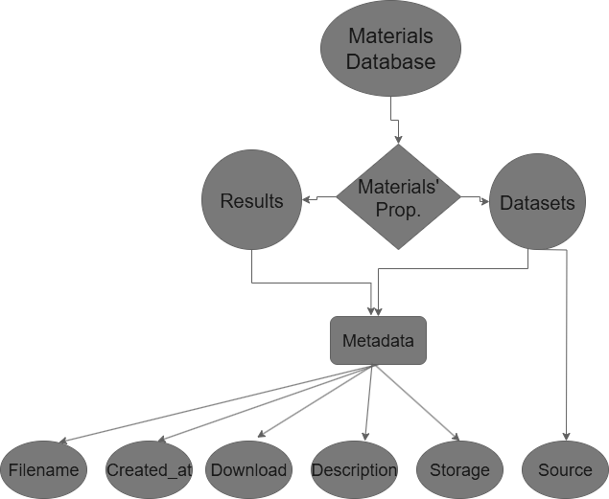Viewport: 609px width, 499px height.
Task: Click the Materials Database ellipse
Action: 390,49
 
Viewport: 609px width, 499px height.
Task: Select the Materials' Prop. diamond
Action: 398,198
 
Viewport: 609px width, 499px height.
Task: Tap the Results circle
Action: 251,200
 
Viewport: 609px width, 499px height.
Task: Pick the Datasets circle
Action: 537,202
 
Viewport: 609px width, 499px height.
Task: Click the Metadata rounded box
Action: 378,341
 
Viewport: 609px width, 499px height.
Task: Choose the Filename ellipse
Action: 44,470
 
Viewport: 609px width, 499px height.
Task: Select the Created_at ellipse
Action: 149,470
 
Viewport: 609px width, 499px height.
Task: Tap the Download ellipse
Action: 248,470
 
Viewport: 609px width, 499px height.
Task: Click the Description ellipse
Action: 354,470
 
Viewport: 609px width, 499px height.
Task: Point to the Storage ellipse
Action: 459,470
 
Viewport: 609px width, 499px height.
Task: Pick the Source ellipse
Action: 565,470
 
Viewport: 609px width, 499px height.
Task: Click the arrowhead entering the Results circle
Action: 307,199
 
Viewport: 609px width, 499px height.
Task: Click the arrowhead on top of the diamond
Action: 398,140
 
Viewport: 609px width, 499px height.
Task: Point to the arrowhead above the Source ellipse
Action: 567,436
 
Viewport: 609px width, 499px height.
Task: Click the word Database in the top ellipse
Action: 390,62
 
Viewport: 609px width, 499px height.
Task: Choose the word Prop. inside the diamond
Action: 398,211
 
